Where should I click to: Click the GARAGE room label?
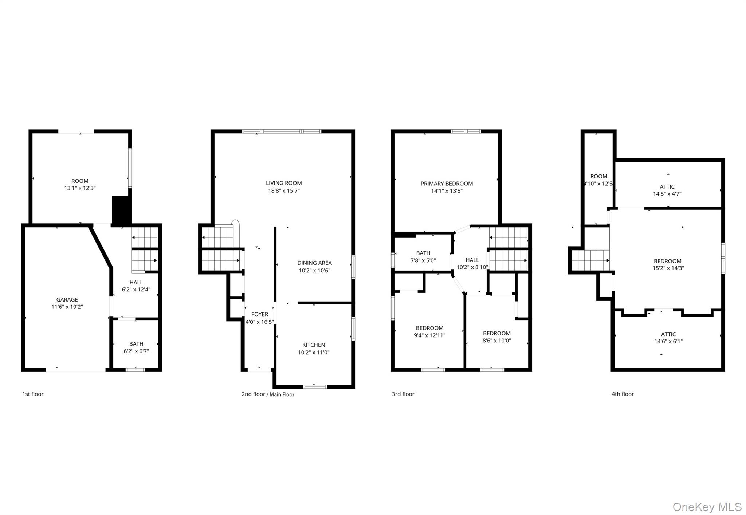coord(67,300)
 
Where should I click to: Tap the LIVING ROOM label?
coord(284,183)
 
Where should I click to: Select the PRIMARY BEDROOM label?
coord(447,184)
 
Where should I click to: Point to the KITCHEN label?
coord(314,345)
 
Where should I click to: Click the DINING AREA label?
coord(314,263)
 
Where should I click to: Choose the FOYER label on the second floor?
coord(260,314)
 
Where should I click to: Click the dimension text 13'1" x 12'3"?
coord(80,188)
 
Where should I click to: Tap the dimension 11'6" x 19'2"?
coord(67,307)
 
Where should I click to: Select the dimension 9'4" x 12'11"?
coord(429,335)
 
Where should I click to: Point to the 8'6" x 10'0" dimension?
coord(497,341)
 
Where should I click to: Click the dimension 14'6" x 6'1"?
coord(668,341)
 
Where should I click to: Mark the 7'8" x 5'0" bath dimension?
coord(423,260)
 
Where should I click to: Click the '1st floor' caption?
coord(33,394)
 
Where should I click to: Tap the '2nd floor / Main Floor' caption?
coord(268,394)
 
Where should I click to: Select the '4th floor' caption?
coord(623,394)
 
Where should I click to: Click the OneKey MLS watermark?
coord(707,507)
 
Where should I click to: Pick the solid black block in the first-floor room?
coord(121,210)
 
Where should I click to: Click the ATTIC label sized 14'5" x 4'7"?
coord(667,187)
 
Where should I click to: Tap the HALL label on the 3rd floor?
coord(472,260)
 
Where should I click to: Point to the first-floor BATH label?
coord(136,344)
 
